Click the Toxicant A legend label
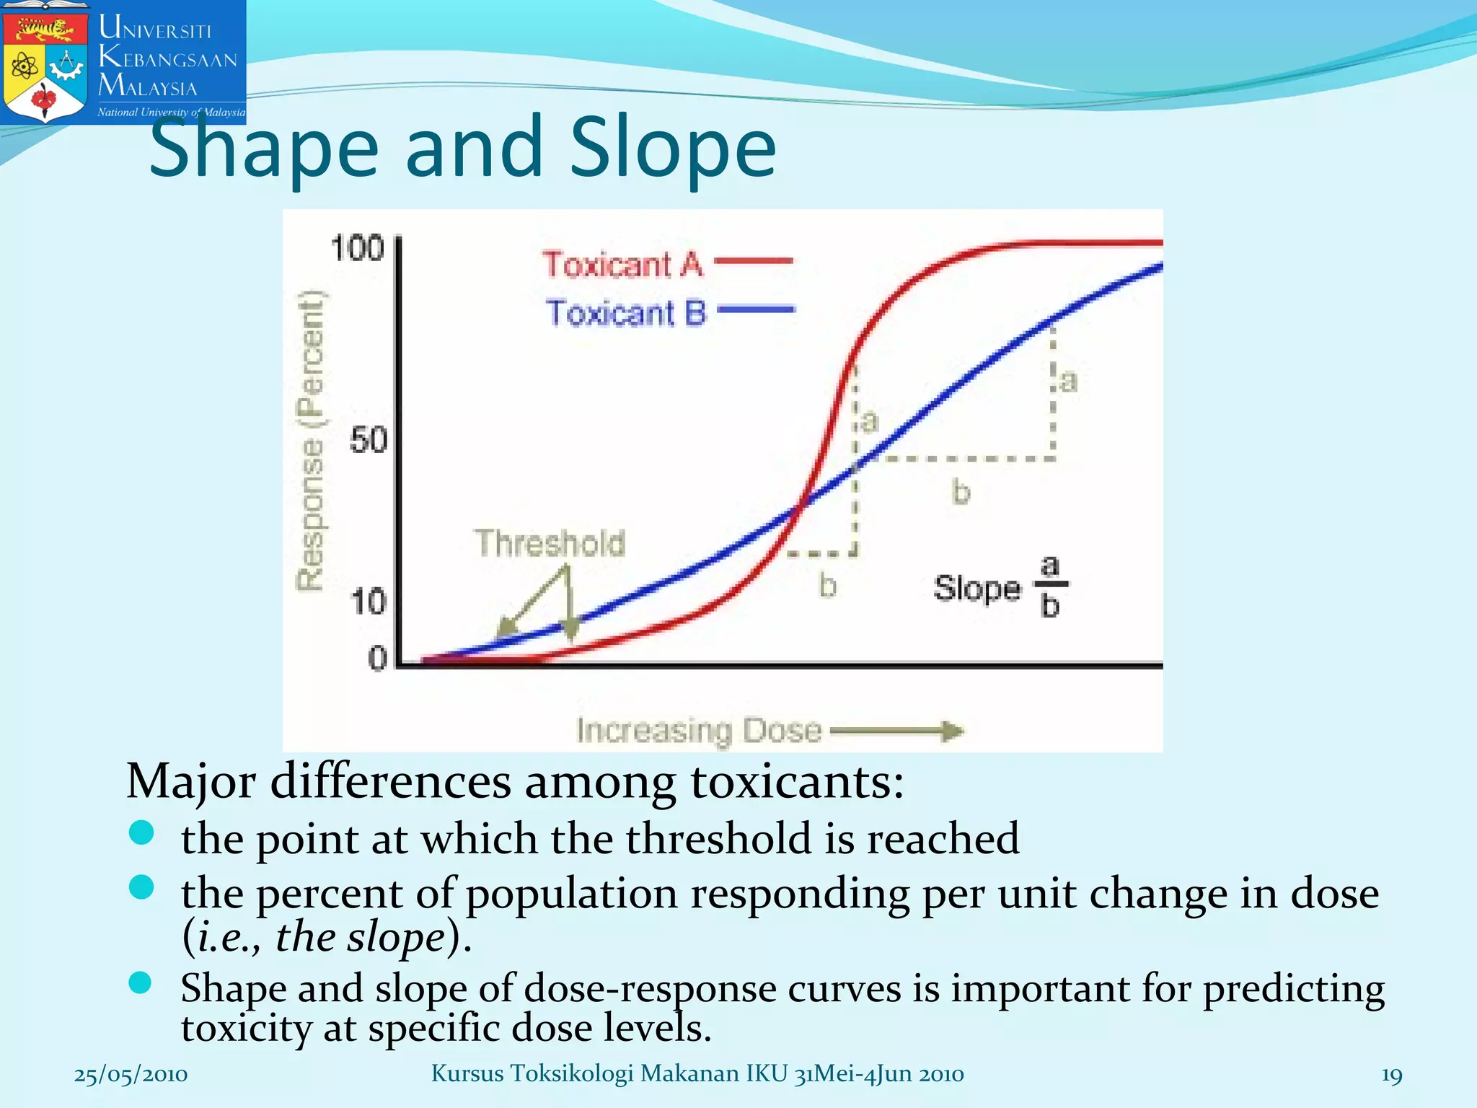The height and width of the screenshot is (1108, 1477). tap(622, 264)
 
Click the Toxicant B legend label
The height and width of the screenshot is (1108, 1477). tap(625, 312)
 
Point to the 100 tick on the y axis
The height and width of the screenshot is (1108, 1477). tap(357, 248)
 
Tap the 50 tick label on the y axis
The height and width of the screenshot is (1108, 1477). tap(368, 439)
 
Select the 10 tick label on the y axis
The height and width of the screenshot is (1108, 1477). tap(368, 601)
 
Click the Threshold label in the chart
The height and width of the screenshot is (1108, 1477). tap(550, 542)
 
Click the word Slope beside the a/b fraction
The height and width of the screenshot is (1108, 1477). tap(977, 588)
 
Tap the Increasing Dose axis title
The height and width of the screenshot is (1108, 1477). tap(698, 730)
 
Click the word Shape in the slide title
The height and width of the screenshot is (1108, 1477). tap(264, 148)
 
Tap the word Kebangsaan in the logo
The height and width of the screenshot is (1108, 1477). tap(167, 58)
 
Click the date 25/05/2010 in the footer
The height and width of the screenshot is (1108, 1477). tap(131, 1074)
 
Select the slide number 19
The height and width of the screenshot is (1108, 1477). tap(1391, 1075)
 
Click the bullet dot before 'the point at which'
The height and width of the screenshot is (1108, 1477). tap(141, 832)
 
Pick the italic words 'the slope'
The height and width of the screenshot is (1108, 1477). tap(360, 937)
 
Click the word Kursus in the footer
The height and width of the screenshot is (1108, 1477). tap(467, 1073)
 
